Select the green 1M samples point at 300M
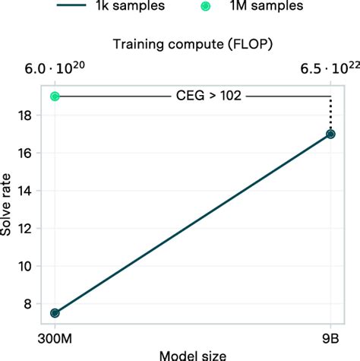tap(55, 97)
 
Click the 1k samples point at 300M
tap(55, 312)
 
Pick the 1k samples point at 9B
tap(330, 134)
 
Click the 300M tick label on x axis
tap(55, 336)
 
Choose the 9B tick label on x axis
tap(330, 336)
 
